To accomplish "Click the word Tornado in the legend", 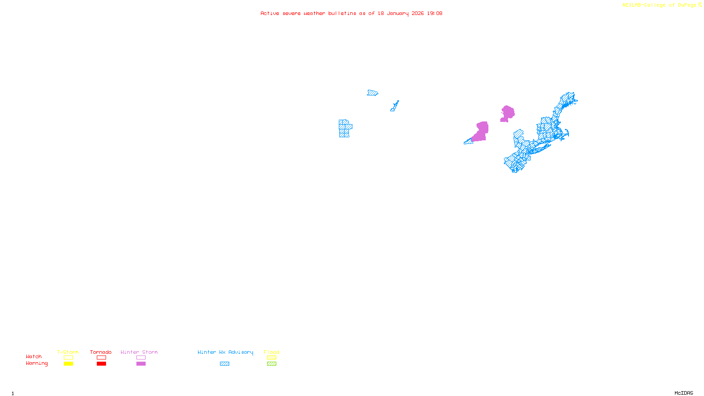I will (101, 352).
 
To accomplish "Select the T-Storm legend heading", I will (68, 352).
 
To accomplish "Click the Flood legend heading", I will (271, 352).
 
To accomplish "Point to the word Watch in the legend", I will (34, 356).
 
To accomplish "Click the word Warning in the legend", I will (37, 363).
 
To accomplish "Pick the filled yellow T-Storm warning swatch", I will (68, 364).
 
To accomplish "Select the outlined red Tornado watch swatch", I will (101, 358).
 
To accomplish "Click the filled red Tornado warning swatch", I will (101, 364).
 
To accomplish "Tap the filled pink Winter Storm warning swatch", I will (141, 364).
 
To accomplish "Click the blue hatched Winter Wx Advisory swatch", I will (224, 364).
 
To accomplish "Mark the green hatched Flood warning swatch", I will (271, 364).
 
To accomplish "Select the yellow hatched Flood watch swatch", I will (271, 358).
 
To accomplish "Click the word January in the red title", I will (398, 13).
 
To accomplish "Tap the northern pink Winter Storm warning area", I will (507, 113).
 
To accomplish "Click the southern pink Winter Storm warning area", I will (480, 132).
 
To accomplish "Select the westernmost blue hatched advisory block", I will (345, 128).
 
